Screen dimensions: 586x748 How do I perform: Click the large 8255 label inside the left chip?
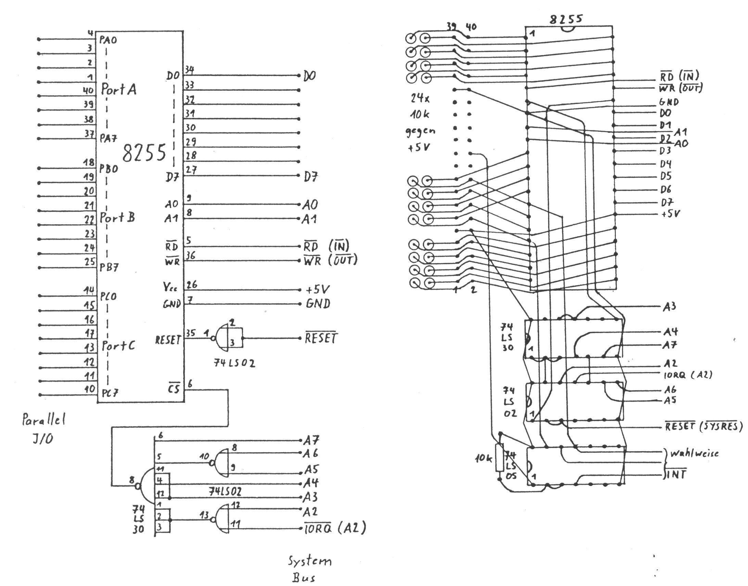[144, 153]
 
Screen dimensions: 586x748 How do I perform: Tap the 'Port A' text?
[119, 90]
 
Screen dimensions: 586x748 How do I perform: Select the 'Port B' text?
[117, 217]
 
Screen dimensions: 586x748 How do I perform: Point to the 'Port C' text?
[118, 345]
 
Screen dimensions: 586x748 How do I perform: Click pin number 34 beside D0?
[189, 70]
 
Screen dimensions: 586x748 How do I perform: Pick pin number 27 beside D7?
[191, 170]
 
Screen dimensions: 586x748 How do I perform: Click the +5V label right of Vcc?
[317, 290]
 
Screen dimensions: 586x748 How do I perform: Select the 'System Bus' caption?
[309, 570]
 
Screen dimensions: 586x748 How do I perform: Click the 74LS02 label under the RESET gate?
[235, 363]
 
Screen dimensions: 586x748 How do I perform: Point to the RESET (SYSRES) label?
[703, 426]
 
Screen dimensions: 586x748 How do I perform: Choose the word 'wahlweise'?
[694, 453]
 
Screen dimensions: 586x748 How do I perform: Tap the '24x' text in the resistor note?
[420, 99]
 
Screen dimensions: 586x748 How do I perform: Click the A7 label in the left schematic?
[311, 440]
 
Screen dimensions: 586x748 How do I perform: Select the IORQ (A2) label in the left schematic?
[335, 528]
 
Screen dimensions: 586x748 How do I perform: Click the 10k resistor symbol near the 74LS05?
[499, 458]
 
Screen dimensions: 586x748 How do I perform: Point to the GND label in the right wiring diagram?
[669, 102]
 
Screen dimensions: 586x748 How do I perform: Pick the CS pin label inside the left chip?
[174, 389]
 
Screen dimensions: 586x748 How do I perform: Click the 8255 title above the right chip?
[566, 19]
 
